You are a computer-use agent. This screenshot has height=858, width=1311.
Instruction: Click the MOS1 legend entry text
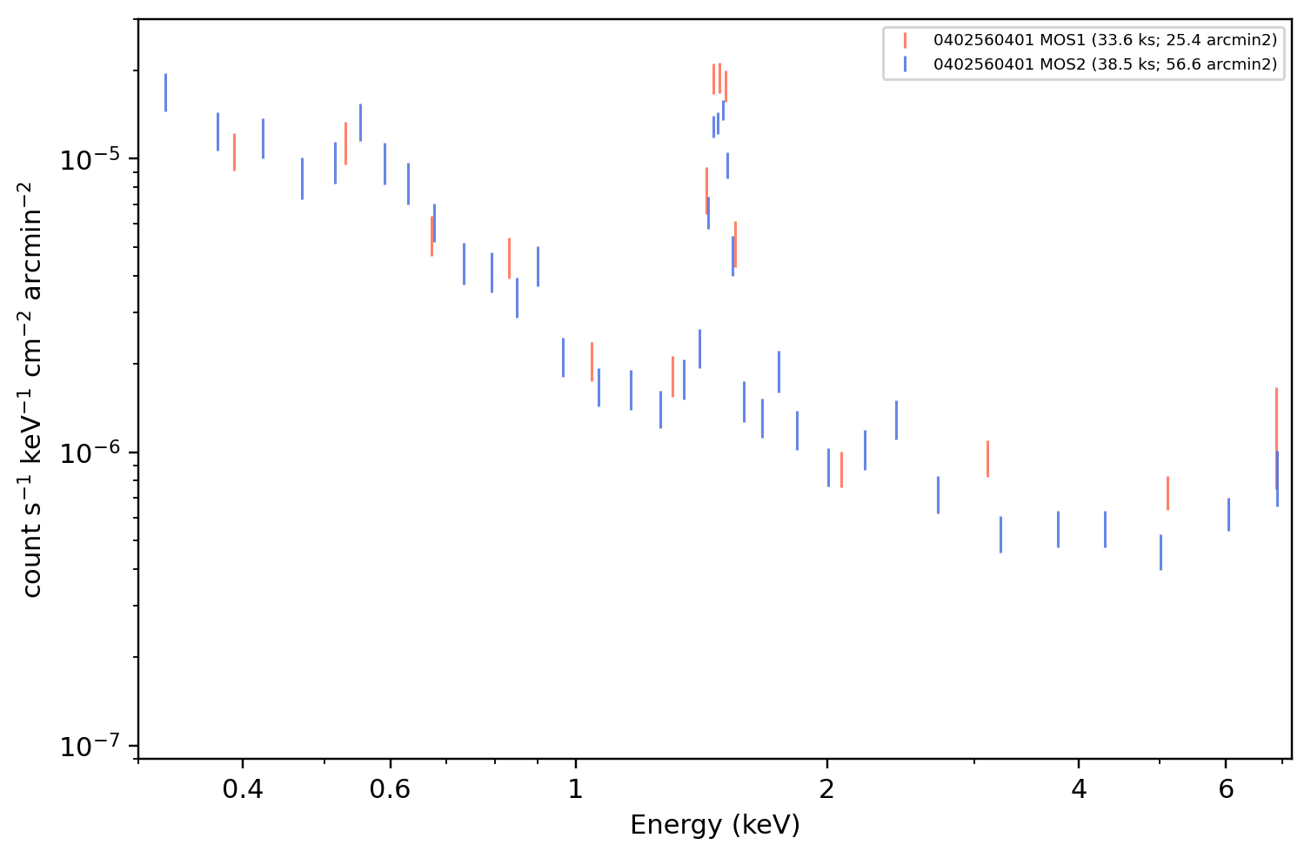[x=1105, y=40]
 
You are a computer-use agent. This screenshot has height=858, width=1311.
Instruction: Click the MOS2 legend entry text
[x=1105, y=64]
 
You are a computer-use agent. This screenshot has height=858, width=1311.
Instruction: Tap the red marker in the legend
[x=905, y=40]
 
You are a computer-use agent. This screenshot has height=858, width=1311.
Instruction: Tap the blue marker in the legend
[x=905, y=64]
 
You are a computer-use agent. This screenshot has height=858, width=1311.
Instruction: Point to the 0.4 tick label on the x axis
[x=243, y=789]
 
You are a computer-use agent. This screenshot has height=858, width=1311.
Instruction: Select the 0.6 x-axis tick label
[x=390, y=789]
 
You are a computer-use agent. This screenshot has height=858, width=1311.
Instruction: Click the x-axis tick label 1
[x=576, y=789]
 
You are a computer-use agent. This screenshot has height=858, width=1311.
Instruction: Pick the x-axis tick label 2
[x=827, y=789]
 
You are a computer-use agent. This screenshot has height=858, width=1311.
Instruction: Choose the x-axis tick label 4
[x=1079, y=789]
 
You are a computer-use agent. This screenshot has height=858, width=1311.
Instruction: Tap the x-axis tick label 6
[x=1226, y=789]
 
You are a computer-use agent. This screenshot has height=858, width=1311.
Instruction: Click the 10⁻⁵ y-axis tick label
[x=90, y=158]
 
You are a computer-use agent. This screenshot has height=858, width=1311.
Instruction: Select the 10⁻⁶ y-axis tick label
[x=90, y=452]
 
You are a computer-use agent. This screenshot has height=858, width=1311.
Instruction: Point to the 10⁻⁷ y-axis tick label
[x=90, y=746]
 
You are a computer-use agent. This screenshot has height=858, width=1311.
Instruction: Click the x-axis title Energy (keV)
[x=714, y=826]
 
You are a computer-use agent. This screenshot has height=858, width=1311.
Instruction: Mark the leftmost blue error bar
[x=165, y=92]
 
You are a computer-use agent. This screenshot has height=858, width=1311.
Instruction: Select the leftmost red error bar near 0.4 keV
[x=234, y=152]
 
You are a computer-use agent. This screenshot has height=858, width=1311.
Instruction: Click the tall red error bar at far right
[x=1276, y=439]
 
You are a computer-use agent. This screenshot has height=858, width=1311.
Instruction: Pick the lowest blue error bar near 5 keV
[x=1161, y=553]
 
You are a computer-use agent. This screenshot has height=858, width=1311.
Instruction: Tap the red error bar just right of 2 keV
[x=841, y=470]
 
